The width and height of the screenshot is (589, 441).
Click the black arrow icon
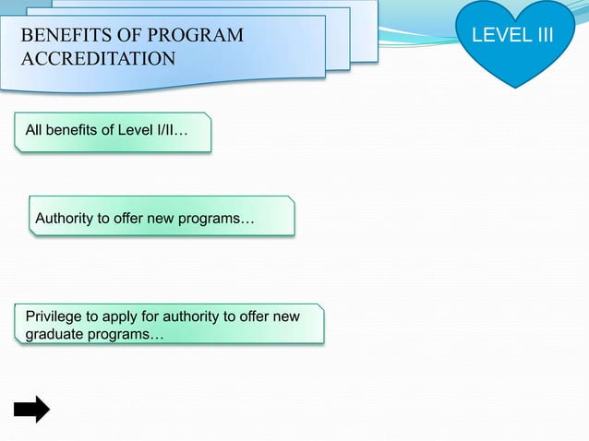[31, 408]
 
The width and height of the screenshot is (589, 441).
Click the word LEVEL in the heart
[497, 35]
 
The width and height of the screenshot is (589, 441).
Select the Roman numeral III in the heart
[540, 35]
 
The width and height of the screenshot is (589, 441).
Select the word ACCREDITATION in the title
[98, 60]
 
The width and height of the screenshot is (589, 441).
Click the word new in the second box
[166, 219]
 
